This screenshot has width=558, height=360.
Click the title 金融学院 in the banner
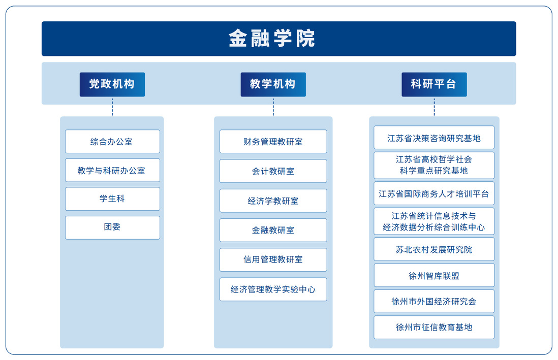(x=272, y=39)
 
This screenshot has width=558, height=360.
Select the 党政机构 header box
(x=112, y=84)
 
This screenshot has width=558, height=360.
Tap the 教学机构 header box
(x=273, y=84)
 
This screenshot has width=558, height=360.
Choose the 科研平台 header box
(x=434, y=84)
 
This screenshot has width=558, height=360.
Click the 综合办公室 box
(x=112, y=142)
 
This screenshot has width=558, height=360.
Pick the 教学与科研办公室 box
(x=112, y=171)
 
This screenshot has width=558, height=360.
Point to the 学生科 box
(x=112, y=199)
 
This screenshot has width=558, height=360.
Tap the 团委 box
(x=112, y=227)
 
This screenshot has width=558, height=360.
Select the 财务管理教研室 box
(x=273, y=142)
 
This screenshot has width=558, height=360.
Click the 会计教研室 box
(x=273, y=171)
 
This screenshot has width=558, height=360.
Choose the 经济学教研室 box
(x=273, y=201)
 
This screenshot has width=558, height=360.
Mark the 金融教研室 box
(x=273, y=230)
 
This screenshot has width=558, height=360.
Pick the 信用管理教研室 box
(x=273, y=259)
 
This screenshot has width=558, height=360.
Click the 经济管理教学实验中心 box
(x=273, y=289)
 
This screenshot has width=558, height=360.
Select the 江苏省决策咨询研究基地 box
(x=434, y=138)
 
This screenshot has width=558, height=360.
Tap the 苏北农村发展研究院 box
(x=434, y=249)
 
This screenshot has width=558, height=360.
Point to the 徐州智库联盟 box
(x=434, y=275)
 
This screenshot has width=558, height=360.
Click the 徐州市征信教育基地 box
(x=434, y=328)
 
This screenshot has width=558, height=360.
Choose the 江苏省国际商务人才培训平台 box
(x=434, y=193)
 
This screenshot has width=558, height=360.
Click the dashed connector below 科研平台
(x=434, y=107)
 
